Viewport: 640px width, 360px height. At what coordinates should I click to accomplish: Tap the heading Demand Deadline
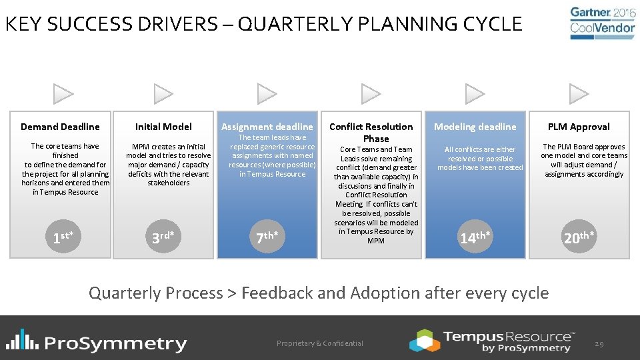(x=60, y=127)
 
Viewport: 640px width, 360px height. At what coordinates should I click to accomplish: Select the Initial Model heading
(x=163, y=127)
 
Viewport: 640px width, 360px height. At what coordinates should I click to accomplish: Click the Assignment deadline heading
(x=267, y=127)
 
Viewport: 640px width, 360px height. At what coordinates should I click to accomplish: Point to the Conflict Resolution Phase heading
(x=371, y=133)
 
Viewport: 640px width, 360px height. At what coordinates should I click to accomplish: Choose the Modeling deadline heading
(x=475, y=127)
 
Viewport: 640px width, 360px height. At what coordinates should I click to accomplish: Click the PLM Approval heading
(x=579, y=127)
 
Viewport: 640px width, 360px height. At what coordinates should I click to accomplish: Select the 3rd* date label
(x=163, y=237)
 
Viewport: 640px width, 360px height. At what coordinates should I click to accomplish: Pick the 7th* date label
(x=267, y=237)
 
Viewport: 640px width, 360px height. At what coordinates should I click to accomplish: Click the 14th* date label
(x=475, y=237)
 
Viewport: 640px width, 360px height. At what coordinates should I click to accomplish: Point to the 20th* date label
(x=579, y=237)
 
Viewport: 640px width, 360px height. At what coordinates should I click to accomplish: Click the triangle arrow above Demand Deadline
(x=63, y=94)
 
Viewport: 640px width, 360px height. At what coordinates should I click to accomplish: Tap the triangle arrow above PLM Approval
(x=579, y=94)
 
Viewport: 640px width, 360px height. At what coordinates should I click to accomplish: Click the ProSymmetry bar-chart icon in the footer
(x=21, y=340)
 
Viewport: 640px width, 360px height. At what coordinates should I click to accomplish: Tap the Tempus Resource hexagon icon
(x=425, y=340)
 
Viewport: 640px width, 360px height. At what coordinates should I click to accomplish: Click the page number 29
(x=599, y=343)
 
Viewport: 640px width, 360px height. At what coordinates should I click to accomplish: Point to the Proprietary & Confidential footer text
(x=320, y=343)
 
